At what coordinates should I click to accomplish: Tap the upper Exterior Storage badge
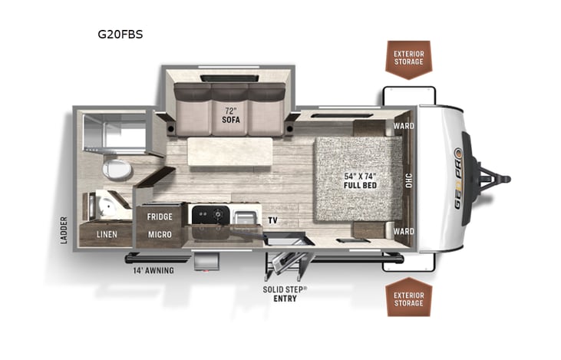[x=408, y=58]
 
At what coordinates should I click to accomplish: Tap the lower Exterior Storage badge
[x=408, y=298]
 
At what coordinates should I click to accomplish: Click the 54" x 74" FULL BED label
[x=360, y=180]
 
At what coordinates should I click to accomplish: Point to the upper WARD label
[x=404, y=126]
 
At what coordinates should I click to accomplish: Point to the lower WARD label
[x=404, y=231]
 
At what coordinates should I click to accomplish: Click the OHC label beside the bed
[x=409, y=179]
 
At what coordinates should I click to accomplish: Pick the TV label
[x=273, y=220]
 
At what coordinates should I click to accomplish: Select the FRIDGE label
[x=160, y=216]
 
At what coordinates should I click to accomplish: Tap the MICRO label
[x=160, y=233]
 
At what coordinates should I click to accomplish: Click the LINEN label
[x=107, y=233]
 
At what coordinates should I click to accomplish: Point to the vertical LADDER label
[x=64, y=230]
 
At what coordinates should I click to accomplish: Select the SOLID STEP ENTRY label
[x=285, y=293]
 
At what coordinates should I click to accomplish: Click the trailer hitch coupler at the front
[x=503, y=179]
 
